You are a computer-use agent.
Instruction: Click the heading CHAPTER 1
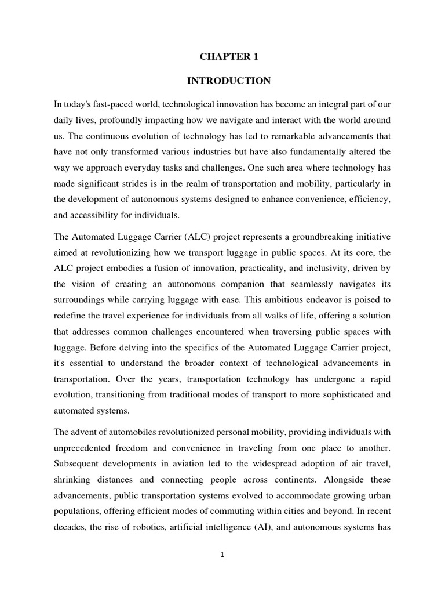pyautogui.click(x=229, y=57)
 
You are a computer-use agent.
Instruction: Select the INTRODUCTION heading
pyautogui.click(x=229, y=81)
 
